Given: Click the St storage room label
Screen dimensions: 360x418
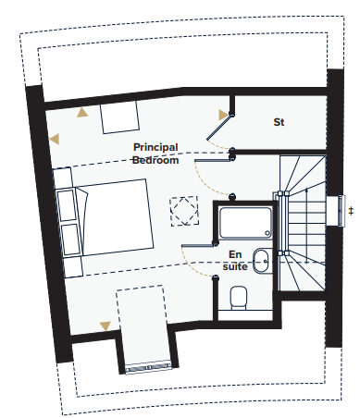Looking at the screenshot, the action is [279, 122].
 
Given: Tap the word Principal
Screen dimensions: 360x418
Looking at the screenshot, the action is [155, 147].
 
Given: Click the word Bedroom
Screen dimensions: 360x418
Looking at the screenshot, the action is [155, 160].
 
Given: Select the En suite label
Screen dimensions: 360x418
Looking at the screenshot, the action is [235, 261].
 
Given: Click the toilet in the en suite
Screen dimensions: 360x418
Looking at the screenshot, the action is [239, 298].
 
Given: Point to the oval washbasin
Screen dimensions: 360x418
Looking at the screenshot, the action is [261, 262].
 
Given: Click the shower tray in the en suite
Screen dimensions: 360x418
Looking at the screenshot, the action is [245, 223].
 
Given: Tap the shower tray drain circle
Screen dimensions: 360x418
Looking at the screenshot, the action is [267, 233].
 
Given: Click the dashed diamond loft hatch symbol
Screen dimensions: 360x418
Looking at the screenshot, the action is [184, 211].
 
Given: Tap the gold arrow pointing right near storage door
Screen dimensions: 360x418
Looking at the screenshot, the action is [223, 115].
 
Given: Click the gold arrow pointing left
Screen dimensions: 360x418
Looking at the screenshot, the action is [55, 139].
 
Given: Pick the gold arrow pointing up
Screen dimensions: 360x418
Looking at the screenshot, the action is [82, 113].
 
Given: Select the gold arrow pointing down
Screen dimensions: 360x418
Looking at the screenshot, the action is [106, 326].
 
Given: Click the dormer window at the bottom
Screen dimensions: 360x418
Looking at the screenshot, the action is [149, 367].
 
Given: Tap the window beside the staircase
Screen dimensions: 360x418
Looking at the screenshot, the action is [341, 211].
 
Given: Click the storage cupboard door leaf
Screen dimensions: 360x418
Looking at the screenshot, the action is [218, 128].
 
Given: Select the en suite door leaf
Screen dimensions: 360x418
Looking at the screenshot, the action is [199, 245].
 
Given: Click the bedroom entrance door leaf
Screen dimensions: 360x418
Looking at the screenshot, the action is [213, 160].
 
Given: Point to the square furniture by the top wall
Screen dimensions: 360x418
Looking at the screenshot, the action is [119, 117].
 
